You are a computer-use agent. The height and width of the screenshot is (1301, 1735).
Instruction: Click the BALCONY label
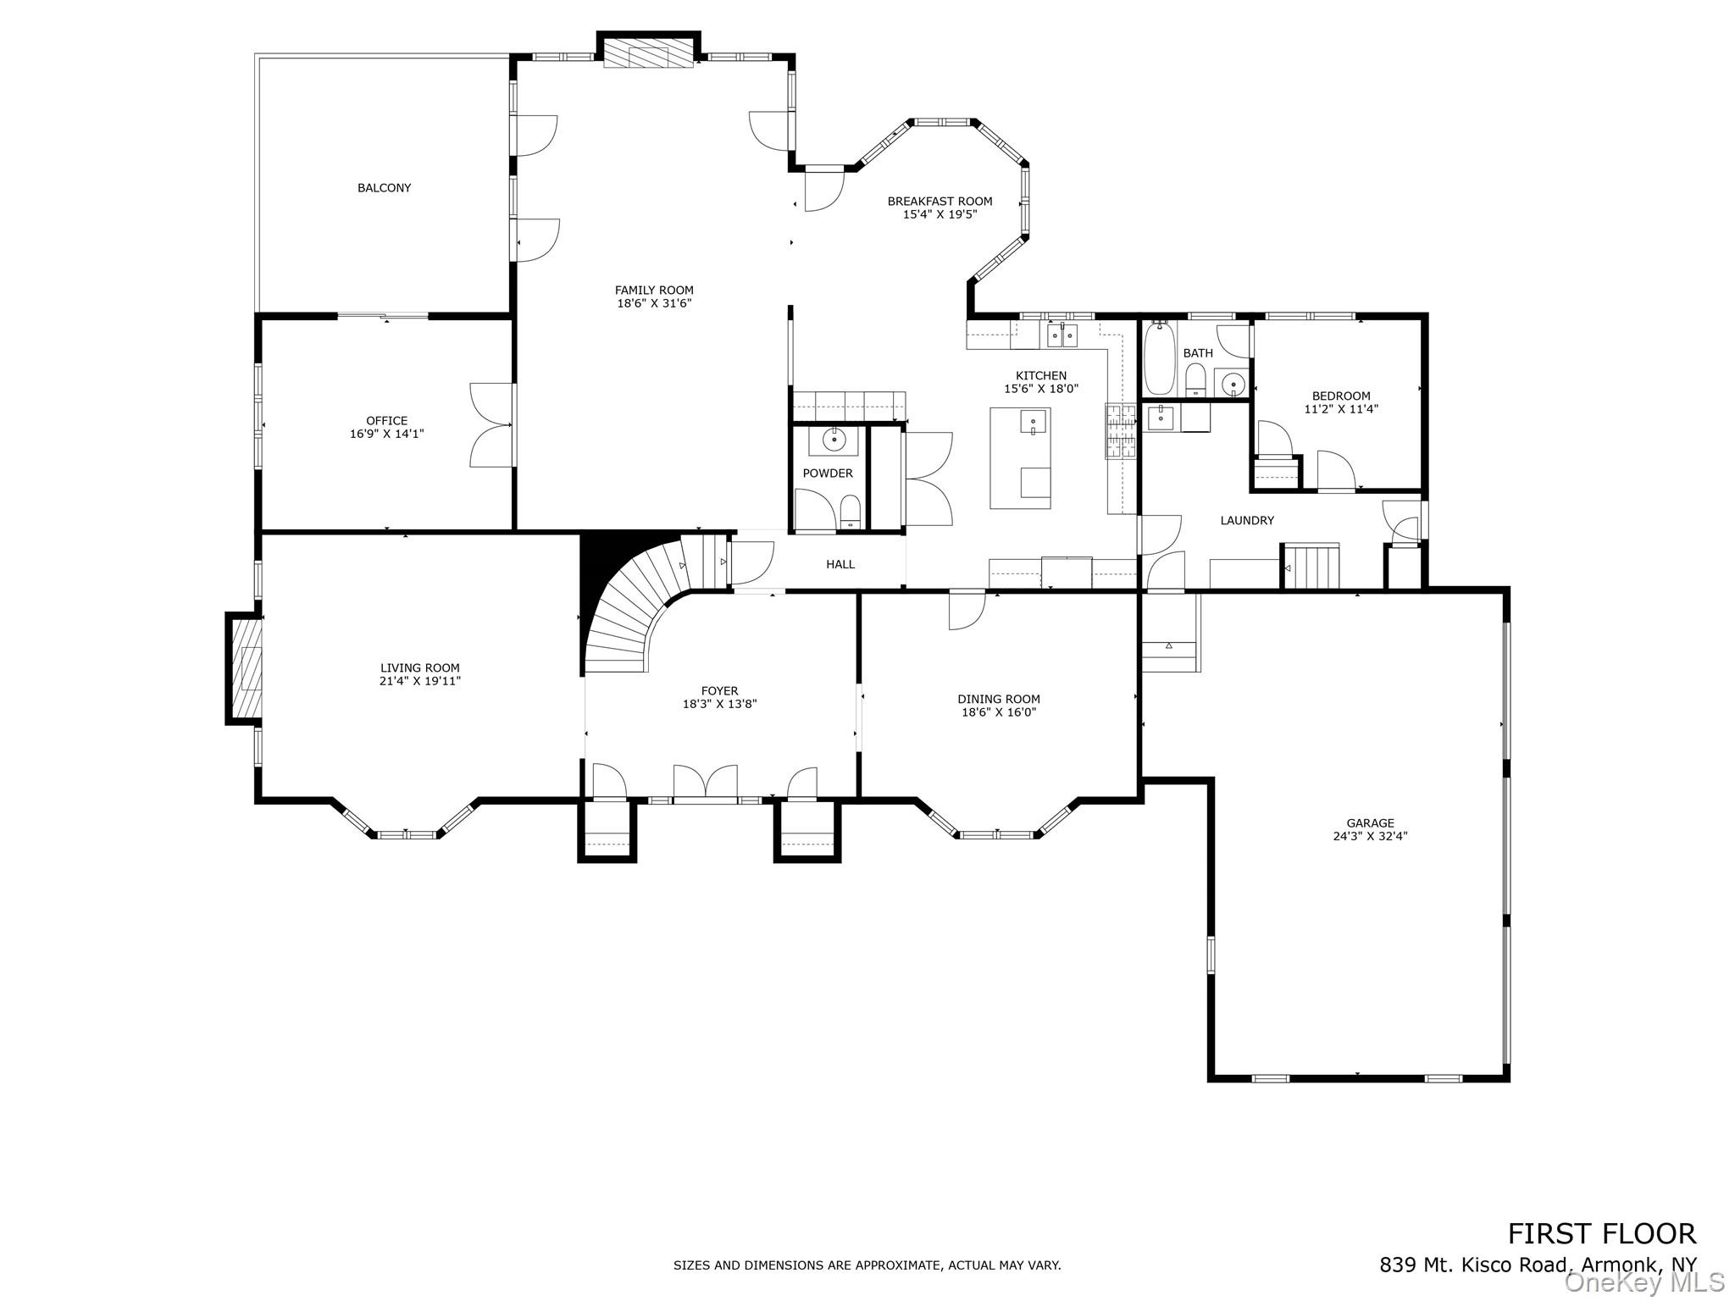pos(384,188)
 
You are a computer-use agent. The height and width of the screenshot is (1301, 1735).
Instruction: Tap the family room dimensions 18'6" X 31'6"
pos(654,303)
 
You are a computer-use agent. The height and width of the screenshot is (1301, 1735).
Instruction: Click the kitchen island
pos(1020,457)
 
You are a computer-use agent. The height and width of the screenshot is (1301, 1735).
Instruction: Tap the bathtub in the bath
pos(1158,361)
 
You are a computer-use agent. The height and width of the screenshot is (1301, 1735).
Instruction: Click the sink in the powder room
pos(834,440)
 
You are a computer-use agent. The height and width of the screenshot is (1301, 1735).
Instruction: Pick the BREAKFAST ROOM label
pos(940,202)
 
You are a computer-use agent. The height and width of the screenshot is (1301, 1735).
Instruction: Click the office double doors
pos(491,424)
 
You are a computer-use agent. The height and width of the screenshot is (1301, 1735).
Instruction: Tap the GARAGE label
pos(1370,822)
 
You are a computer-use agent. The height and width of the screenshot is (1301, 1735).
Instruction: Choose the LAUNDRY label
pos(1246,521)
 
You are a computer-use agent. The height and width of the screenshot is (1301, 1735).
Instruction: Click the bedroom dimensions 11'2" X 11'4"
pos(1341,409)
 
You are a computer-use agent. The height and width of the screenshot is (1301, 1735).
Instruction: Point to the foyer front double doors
pos(705,782)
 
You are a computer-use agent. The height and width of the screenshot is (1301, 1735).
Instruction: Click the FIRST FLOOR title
pos(1601,1257)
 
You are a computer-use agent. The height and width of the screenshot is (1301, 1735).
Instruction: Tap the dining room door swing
pos(966,610)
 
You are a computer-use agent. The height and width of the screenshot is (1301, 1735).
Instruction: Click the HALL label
pos(840,564)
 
